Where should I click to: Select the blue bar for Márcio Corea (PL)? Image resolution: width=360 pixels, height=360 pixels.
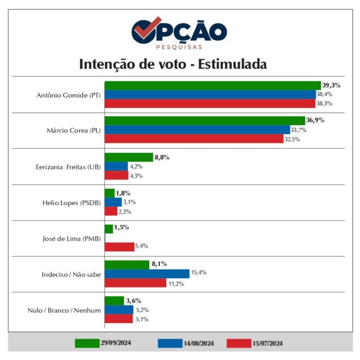197,130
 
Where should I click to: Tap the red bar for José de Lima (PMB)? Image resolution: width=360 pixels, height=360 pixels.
119,247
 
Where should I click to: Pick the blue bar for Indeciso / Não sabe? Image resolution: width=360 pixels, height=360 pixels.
147,273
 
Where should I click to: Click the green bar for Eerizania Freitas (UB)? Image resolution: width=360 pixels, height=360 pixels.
128,157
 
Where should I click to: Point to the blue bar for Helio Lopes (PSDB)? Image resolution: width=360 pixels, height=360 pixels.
113,202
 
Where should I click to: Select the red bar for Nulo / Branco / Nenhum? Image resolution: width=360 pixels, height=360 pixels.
118,318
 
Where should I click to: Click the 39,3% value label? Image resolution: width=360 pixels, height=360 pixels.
332,85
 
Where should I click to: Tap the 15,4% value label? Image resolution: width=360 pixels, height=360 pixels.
199,273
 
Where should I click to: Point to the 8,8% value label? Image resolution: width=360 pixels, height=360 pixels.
161,157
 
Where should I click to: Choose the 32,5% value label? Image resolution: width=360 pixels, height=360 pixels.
292,139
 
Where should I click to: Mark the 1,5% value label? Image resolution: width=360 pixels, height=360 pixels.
122,228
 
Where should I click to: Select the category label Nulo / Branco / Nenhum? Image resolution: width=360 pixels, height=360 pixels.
64,309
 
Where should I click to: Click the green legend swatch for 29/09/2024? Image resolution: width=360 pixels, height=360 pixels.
87,343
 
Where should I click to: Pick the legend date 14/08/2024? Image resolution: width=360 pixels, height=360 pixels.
199,343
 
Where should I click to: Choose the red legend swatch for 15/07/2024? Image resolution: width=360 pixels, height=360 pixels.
239,343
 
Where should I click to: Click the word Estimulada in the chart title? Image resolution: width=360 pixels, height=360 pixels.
233,64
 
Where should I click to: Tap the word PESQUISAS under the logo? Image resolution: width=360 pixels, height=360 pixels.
179,46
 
